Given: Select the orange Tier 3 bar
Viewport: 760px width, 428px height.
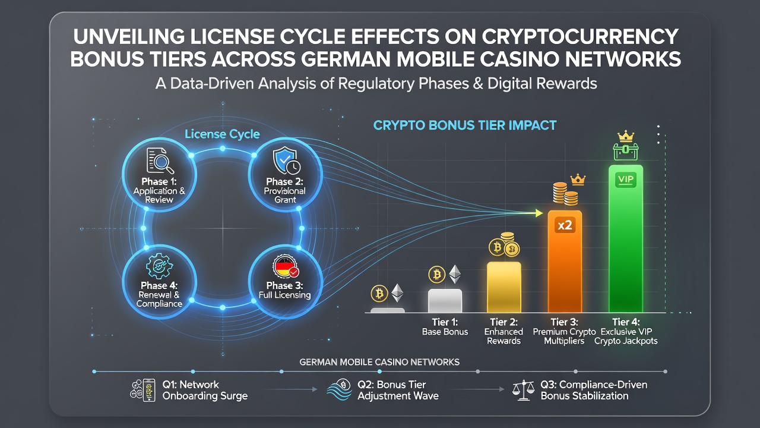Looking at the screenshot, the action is point(565,261).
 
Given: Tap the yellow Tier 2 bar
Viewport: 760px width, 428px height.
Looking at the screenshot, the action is point(504,287).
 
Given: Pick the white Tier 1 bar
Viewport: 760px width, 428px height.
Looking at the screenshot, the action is point(445,301).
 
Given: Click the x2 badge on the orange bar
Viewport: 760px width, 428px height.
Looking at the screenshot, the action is point(565,225).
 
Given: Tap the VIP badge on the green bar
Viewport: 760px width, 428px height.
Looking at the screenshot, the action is point(626,180).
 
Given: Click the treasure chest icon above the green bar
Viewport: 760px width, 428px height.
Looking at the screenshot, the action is point(626,151).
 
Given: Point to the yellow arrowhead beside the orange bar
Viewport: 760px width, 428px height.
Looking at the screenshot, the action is point(539,213).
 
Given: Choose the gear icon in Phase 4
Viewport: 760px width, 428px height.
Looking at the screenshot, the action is point(159,267).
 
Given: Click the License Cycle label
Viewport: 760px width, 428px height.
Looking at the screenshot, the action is point(222,134).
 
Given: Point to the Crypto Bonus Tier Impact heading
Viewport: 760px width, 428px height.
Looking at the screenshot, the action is point(465,125).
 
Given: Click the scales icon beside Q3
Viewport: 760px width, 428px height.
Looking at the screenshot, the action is point(523,390).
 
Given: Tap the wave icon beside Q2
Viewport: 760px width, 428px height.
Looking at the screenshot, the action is point(339,389).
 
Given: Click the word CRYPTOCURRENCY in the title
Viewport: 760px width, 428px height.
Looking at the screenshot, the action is point(580,36).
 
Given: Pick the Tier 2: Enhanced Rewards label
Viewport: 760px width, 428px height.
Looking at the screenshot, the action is point(504,331).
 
